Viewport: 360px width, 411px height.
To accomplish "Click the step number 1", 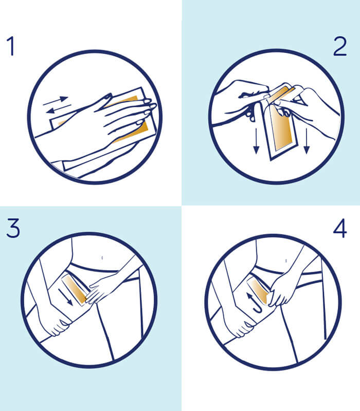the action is tap(11, 46).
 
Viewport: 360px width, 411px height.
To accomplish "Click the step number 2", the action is tap(340, 46).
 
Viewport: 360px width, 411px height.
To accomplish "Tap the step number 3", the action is tap(13, 228).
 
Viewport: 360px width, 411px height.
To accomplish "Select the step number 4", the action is tap(340, 228).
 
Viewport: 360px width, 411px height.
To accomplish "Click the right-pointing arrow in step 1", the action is tap(56, 101).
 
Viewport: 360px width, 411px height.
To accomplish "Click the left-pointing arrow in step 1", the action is tap(58, 109).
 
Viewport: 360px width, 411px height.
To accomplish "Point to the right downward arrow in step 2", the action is tap(307, 141).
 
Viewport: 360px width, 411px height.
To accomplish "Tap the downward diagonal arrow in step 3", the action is tap(66, 297).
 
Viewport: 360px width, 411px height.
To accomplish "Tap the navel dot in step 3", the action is tap(102, 258).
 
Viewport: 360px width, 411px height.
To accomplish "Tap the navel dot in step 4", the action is tap(286, 261).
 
